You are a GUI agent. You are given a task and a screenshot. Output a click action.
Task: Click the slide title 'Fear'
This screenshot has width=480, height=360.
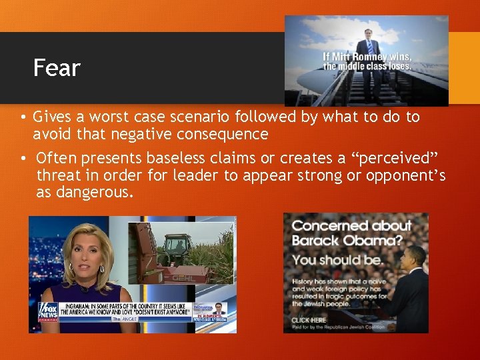57,68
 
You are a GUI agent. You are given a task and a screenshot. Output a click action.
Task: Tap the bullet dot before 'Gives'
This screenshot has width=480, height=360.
22,118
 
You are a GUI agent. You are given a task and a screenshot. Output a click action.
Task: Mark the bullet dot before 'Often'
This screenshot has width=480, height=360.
22,159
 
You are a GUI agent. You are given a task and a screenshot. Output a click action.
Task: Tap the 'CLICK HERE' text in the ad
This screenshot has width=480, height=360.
308,319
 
